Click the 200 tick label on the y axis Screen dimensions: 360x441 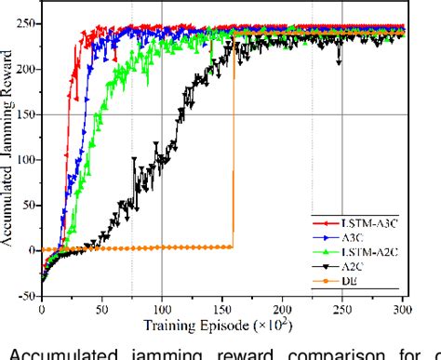coord(29,69)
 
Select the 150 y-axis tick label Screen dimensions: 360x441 coord(29,114)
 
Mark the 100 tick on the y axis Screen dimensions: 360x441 coord(29,159)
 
